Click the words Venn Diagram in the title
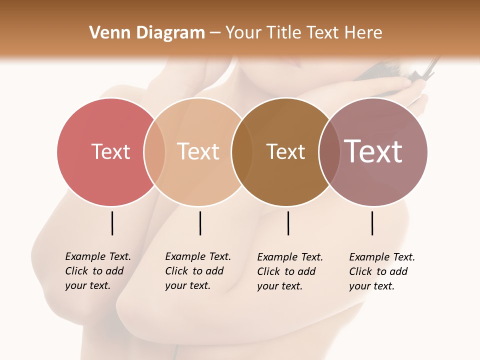tap(147, 33)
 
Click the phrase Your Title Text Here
tap(303, 33)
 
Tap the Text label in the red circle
tap(110, 151)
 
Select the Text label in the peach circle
tap(198, 151)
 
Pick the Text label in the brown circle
tap(285, 151)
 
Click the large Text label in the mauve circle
tap(373, 151)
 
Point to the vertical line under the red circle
tap(112, 223)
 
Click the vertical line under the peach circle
tap(200, 223)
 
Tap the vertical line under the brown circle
tap(288, 223)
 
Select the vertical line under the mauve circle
tap(372, 223)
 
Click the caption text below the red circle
tap(98, 271)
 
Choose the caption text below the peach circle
tap(198, 271)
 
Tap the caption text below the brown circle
tap(290, 271)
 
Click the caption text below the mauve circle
tap(382, 271)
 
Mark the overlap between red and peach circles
tap(154, 151)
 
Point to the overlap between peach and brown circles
tap(241, 151)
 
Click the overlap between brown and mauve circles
tap(328, 151)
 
